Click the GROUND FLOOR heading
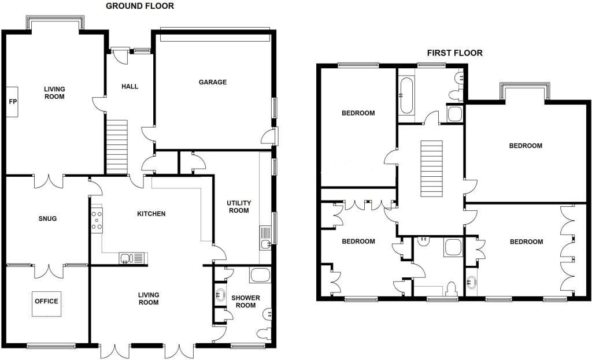point(139,6)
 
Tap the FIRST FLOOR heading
point(454,53)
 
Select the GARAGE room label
point(213,82)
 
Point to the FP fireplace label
point(12,102)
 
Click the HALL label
point(129,86)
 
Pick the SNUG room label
point(47,218)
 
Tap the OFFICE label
point(47,301)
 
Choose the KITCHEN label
point(151,214)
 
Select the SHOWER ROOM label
point(246,302)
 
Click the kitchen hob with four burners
point(97,220)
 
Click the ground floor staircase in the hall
point(117,147)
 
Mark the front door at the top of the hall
point(120,56)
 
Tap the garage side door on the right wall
point(269,137)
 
